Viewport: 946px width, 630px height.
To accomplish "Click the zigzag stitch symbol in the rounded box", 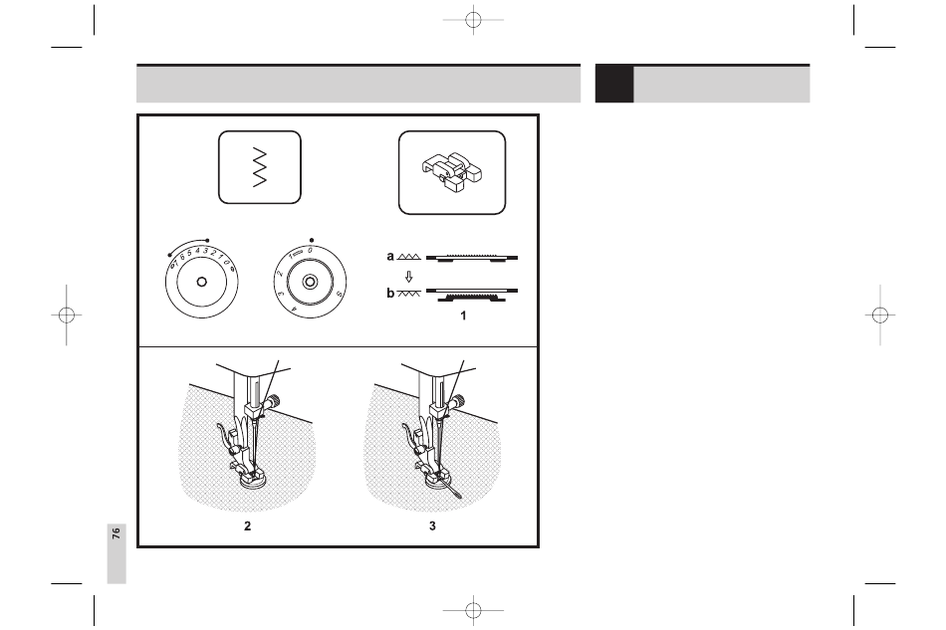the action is (260, 167).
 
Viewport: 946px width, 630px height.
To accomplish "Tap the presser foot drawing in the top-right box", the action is (452, 172).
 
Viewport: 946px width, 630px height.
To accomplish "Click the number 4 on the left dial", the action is (197, 251).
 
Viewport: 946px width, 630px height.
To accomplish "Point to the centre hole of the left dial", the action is (201, 282).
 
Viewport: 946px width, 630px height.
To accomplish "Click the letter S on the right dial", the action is (340, 294).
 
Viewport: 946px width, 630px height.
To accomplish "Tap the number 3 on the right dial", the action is (281, 294).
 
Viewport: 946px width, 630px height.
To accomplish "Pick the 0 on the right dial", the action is (310, 250).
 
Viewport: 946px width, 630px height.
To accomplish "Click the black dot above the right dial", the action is (312, 240).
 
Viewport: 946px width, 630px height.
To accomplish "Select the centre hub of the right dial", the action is (310, 282).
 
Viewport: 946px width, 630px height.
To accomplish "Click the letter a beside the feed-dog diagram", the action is (390, 256).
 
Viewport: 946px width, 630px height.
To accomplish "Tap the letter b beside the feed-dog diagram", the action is (390, 293).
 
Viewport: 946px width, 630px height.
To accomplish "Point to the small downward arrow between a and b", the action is (409, 276).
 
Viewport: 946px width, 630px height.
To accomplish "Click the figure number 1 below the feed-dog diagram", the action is (463, 315).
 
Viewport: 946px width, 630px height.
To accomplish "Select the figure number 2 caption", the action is (247, 526).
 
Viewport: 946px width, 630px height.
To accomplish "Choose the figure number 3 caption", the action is (432, 526).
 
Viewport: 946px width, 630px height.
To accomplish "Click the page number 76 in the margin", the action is (116, 532).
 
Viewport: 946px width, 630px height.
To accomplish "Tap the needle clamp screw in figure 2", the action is (274, 400).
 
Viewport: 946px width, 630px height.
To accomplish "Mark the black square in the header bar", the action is (614, 84).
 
